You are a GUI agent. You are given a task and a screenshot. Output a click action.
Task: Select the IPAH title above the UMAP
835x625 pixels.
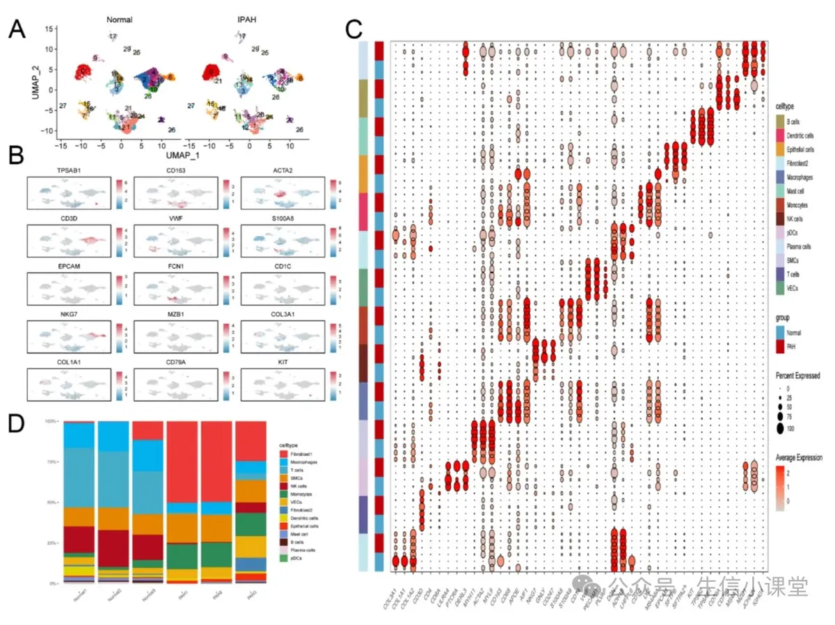pyautogui.click(x=246, y=19)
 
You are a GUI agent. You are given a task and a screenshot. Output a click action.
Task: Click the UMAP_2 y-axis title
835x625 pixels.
pyautogui.click(x=35, y=81)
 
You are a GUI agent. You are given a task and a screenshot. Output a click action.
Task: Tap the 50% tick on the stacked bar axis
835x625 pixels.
pyautogui.click(x=51, y=502)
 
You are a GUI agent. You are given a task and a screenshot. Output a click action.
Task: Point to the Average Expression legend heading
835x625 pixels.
pyautogui.click(x=800, y=457)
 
